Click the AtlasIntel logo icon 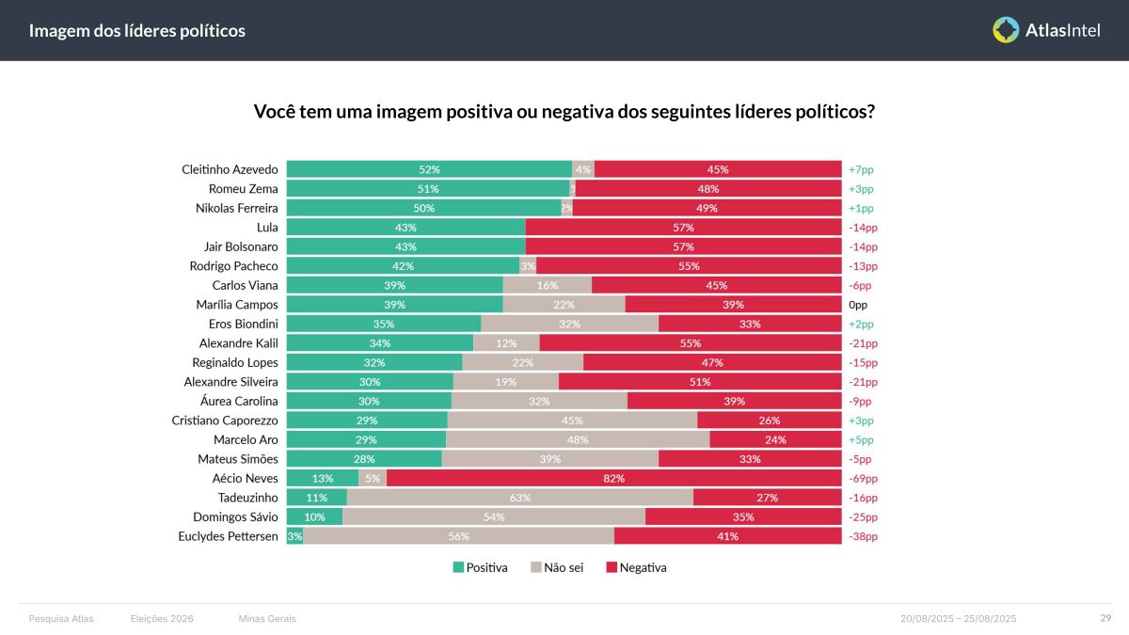coord(1006,30)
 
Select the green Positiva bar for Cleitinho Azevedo coord(429,169)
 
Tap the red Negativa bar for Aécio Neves coord(613,478)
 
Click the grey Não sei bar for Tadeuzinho coord(519,498)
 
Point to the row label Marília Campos coord(237,305)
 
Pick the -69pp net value coord(862,478)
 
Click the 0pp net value coord(857,305)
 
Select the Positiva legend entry coord(480,567)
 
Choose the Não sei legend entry coord(557,567)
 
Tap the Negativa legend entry coord(636,567)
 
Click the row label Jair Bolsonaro coord(241,246)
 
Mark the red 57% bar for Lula coord(683,228)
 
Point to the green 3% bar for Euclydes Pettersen coord(294,536)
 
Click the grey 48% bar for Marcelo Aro coord(578,439)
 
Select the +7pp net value coord(861,169)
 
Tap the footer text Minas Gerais coord(267,618)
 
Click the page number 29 coord(1105,618)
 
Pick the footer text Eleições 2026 coord(162,618)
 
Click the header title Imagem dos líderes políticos coord(137,31)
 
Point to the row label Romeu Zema coord(244,189)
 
